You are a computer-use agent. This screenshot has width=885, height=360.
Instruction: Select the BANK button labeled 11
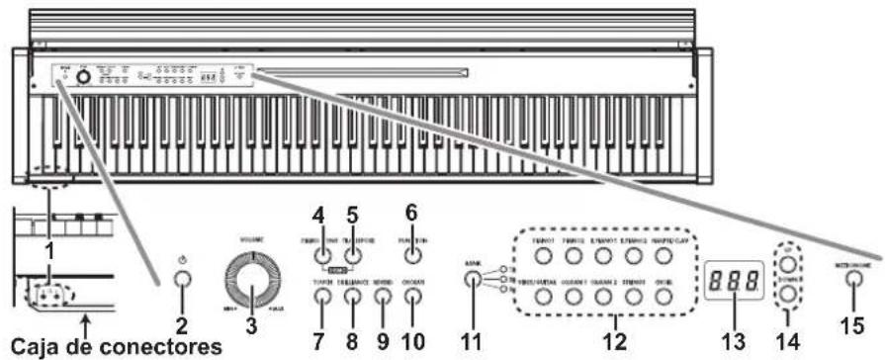tap(475, 279)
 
